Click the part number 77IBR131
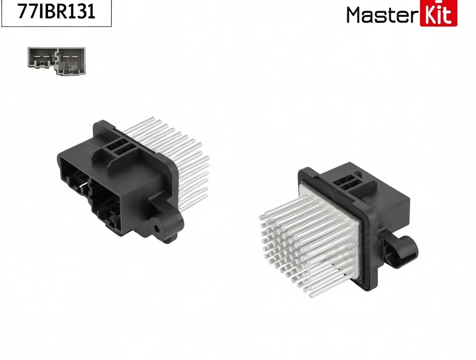tap(56, 11)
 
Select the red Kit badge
tap(438, 13)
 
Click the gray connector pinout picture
tap(56, 60)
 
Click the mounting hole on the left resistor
tap(157, 228)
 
